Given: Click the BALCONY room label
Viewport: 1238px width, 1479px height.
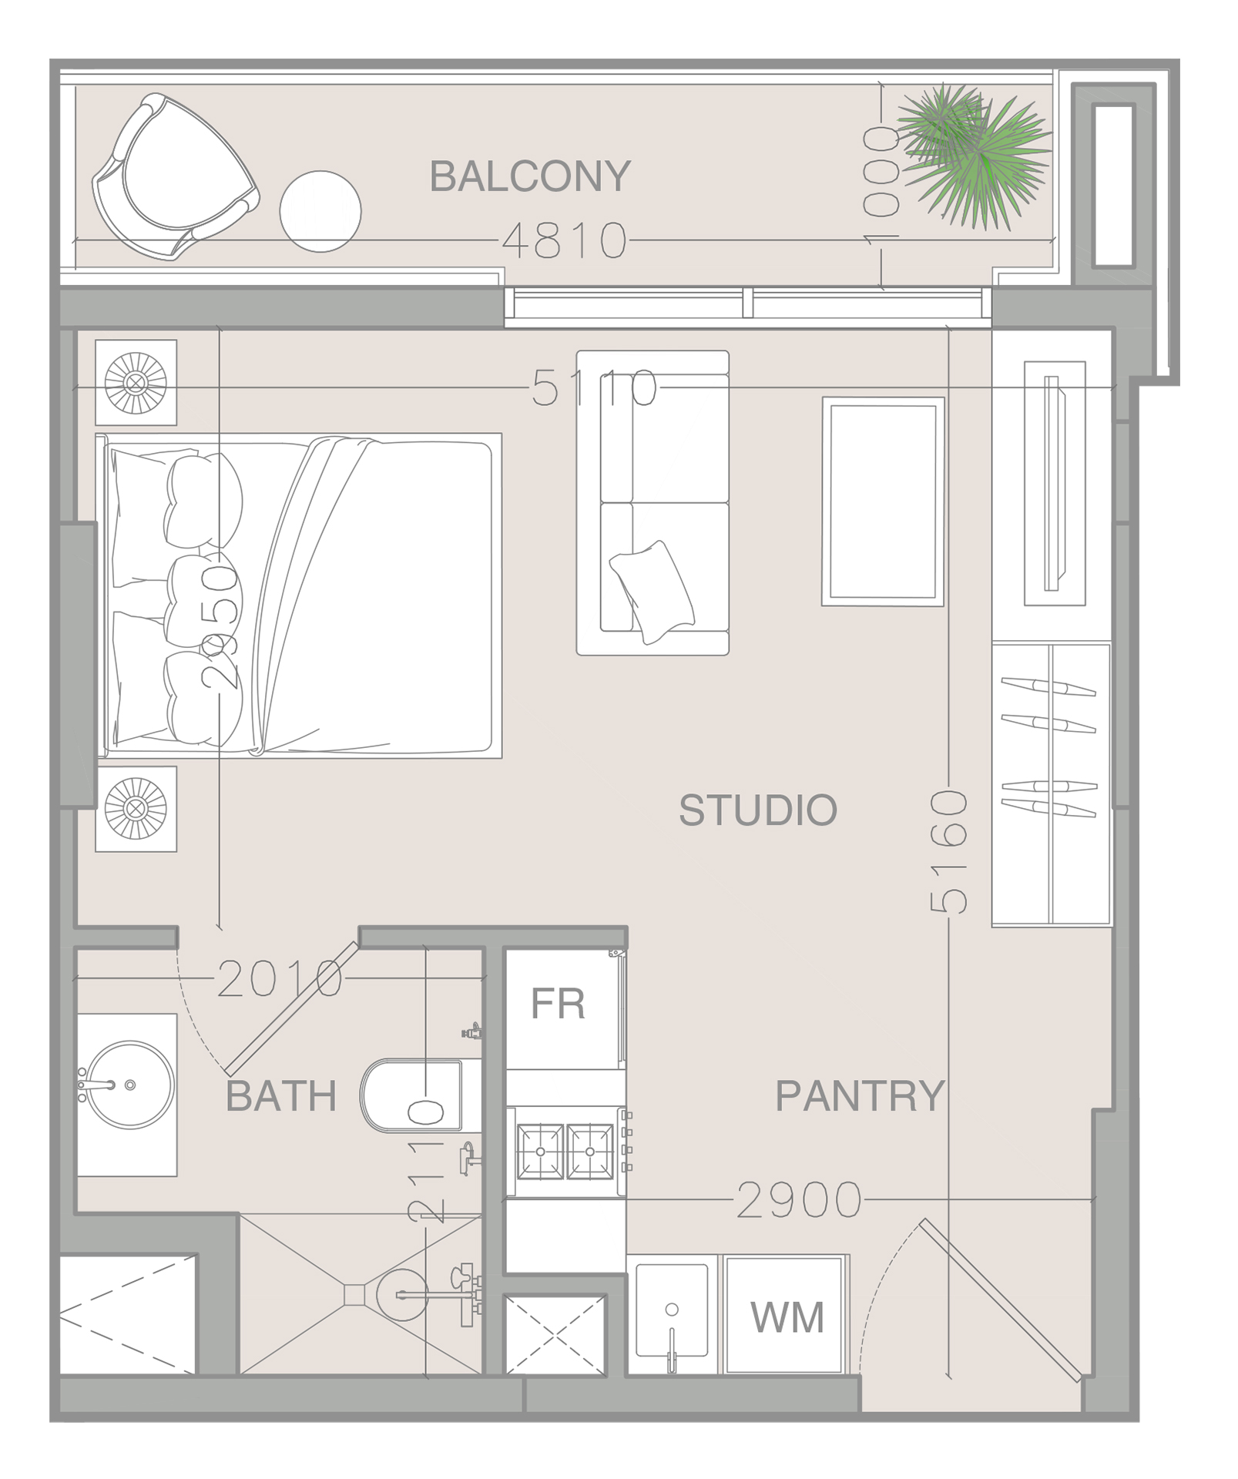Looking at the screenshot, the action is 530,176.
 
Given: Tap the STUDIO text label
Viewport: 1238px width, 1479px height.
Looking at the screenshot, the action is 758,810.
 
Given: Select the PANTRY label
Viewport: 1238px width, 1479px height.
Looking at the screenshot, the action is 860,1096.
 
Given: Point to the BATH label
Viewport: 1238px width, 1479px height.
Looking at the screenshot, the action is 281,1096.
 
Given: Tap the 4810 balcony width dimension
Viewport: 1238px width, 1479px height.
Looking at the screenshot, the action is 565,240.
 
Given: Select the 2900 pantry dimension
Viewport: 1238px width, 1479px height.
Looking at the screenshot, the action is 799,1200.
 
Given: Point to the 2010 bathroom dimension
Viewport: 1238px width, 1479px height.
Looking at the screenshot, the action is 280,980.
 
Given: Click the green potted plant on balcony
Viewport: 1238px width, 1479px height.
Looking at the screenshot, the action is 972,156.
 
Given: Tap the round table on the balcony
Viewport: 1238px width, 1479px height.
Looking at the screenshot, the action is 320,211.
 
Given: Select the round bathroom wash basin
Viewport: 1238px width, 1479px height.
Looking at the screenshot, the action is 129,1085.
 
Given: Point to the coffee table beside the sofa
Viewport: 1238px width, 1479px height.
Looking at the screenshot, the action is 883,501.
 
